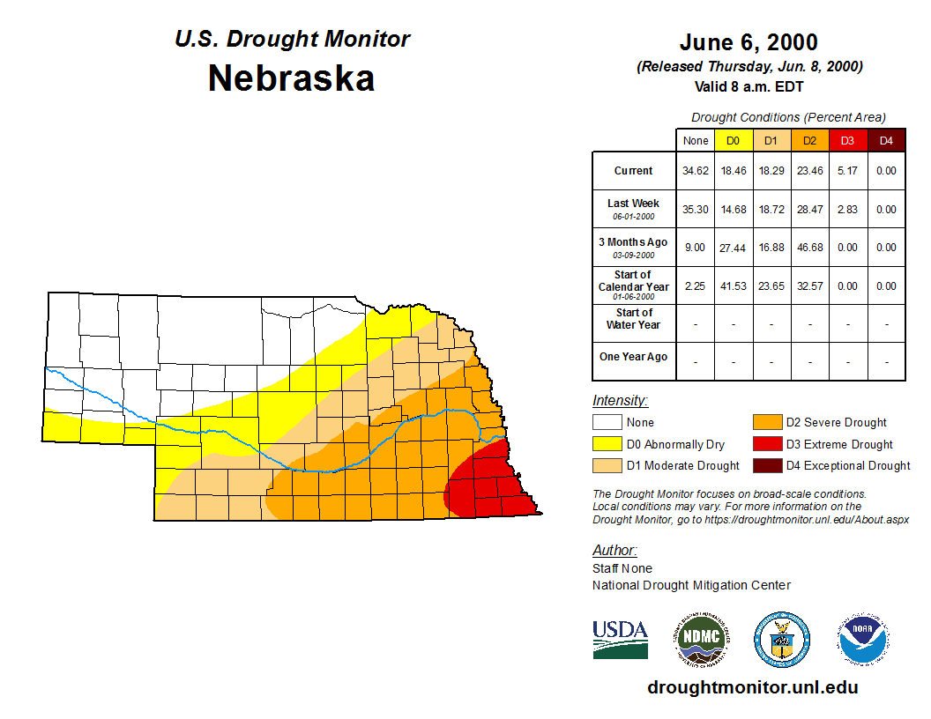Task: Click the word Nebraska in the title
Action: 291,78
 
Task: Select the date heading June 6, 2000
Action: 749,42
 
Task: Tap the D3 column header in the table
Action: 847,140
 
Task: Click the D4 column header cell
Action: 886,140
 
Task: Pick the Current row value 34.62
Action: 696,171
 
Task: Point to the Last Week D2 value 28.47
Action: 809,210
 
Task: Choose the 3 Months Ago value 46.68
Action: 809,248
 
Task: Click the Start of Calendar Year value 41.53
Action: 734,286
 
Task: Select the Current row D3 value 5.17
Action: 847,171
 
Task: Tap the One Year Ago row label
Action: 633,357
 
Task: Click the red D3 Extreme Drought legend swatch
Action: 765,444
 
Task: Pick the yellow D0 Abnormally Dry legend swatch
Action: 607,444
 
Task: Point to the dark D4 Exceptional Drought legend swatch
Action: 765,465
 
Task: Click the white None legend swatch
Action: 607,423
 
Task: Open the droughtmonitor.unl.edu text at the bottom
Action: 752,687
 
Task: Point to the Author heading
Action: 614,551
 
